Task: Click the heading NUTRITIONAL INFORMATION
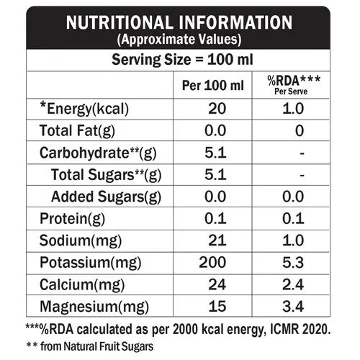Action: point(179,22)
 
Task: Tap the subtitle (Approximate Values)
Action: point(179,40)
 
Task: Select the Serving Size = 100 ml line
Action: point(182,60)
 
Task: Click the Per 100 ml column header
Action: point(213,86)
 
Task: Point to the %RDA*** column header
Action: point(294,81)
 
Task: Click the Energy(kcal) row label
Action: point(84,109)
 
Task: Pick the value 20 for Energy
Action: point(217,109)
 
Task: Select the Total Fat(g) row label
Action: point(77,131)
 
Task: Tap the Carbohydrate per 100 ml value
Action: point(215,153)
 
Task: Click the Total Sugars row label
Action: point(106,175)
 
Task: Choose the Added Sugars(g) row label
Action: point(106,197)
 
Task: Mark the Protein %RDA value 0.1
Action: point(293,219)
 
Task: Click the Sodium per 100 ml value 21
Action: point(217,240)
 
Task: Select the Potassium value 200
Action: point(212,262)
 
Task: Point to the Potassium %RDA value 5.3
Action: point(293,262)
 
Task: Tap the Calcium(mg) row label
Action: point(82,285)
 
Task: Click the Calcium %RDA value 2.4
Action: point(293,284)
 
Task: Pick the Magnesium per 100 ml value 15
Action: point(217,307)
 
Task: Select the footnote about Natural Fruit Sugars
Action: point(89,346)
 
